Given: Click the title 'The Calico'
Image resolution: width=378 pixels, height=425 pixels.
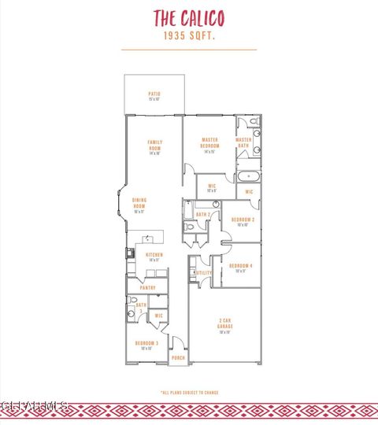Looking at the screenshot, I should coord(188,17).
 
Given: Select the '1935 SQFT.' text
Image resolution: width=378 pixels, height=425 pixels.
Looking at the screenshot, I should coord(188,35).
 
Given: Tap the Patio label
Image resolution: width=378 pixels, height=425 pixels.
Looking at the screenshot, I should coord(154,96).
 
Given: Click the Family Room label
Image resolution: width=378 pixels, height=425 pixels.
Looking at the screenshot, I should coord(154,146).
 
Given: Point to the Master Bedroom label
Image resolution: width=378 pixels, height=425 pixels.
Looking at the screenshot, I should coord(209,145).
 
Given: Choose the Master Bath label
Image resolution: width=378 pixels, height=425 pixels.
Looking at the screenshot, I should coord(243,142).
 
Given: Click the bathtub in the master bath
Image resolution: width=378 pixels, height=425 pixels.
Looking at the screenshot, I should coord(248,177).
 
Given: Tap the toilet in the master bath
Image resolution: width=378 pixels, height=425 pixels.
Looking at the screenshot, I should coord(254,121).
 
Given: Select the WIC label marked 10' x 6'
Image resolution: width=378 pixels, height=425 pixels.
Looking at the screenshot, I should coord(212,188).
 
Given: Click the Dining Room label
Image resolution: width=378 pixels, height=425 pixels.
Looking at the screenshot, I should coord(139,205).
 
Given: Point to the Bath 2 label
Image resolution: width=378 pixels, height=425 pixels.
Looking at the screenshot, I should coord(202,213).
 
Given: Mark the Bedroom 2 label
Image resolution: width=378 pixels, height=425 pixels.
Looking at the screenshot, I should coord(243,221).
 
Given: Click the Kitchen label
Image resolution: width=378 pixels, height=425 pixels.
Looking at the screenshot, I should coord(154,257).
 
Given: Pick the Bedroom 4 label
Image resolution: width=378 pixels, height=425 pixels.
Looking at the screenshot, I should coord(239,268).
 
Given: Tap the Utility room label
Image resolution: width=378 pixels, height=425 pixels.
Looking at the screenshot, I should coord(202,273).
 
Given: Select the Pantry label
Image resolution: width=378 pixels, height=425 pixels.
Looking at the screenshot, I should coord(147,288).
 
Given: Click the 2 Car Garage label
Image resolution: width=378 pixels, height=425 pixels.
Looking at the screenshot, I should coord(224,324).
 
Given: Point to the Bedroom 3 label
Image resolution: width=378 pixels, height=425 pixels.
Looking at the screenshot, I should coord(146,345).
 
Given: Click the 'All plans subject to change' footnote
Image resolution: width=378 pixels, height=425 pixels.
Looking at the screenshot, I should coord(189,392).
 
